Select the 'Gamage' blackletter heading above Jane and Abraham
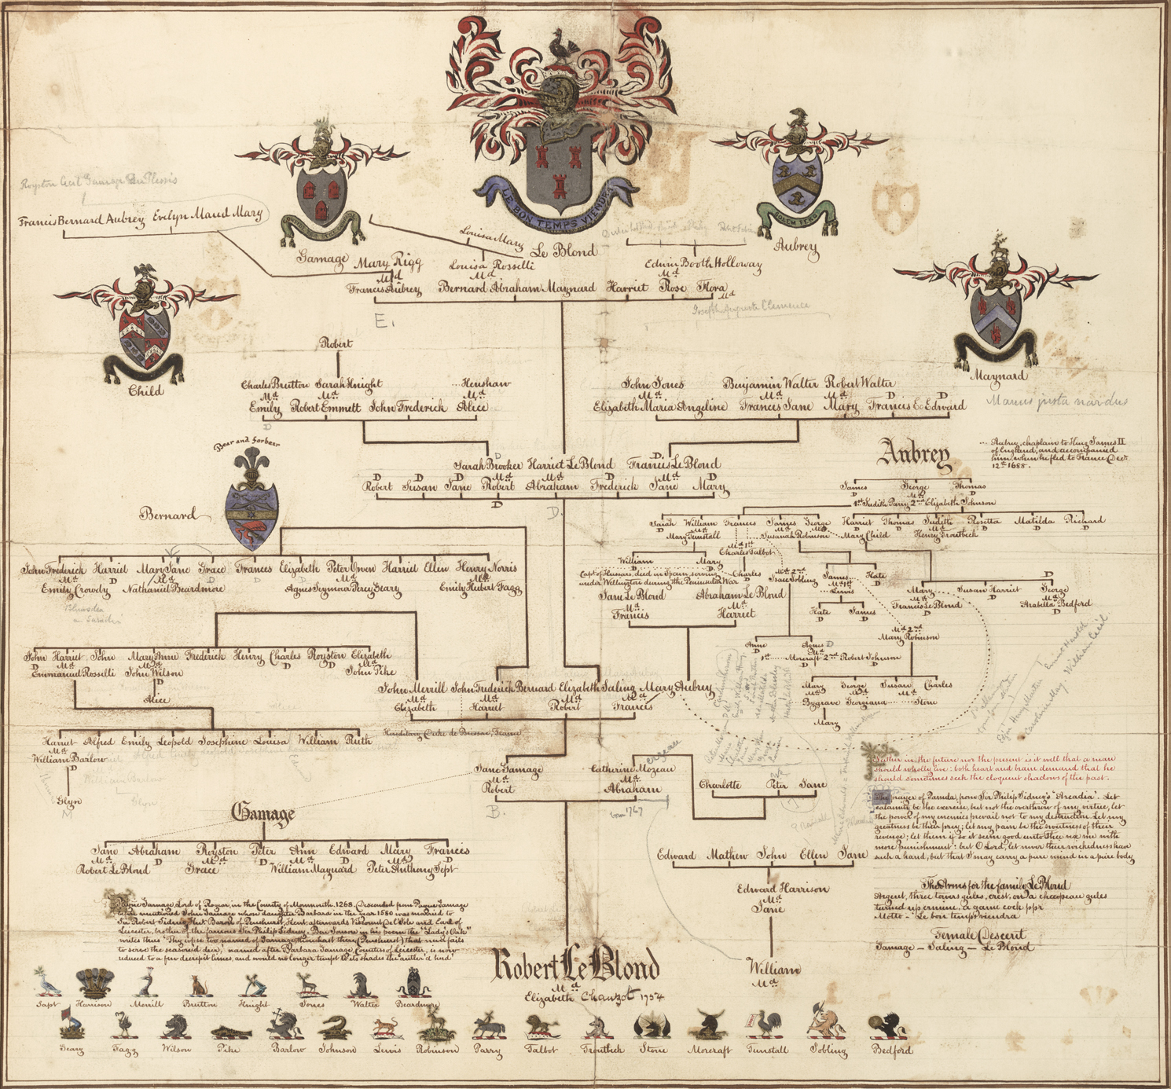tap(263, 814)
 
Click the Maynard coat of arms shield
tap(996, 323)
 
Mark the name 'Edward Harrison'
tap(782, 889)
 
